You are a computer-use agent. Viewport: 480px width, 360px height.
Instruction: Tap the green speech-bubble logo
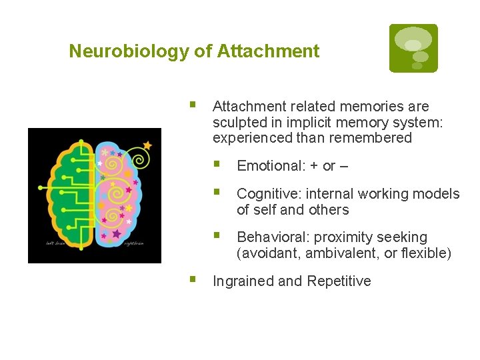(413, 48)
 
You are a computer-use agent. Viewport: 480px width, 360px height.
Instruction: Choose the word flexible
(424, 253)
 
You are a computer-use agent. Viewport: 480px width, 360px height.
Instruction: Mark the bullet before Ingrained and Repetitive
(193, 279)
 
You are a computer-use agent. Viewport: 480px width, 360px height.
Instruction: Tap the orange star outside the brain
(147, 145)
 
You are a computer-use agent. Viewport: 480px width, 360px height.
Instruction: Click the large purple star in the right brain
(117, 234)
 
